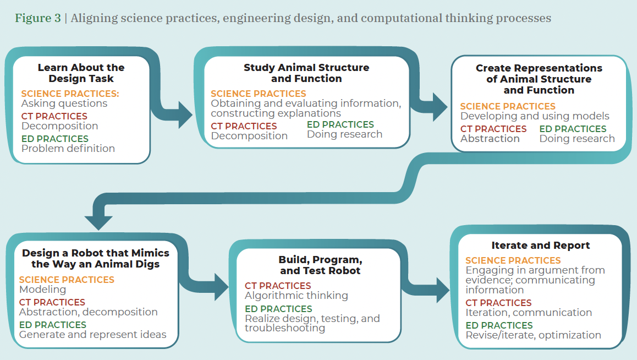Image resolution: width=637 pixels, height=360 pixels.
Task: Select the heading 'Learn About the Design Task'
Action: pos(81,73)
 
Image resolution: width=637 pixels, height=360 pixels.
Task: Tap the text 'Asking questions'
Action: pos(64,103)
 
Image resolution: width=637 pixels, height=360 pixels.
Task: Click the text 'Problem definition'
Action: pos(68,149)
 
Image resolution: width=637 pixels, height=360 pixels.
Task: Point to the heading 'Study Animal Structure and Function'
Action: pos(306,73)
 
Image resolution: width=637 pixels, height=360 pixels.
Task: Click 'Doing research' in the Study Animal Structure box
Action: pos(344,134)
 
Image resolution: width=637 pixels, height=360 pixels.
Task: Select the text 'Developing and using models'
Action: pos(535,116)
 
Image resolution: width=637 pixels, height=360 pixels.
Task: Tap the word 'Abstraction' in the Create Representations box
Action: pos(490,139)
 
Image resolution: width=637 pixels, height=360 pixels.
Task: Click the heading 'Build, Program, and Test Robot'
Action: pos(320,265)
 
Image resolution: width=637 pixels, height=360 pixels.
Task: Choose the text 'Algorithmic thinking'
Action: pos(296,296)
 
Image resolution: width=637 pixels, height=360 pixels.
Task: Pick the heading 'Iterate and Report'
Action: pos(540,246)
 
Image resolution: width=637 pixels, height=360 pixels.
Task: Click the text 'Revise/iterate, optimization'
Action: pos(533,335)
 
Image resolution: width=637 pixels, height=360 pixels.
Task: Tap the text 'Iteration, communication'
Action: pos(529,313)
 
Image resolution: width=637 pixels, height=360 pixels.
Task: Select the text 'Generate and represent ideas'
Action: pos(92,334)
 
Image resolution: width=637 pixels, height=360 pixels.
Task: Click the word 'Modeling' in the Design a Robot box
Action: pos(42,290)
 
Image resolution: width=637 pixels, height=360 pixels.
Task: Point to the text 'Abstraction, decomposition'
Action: pos(88,312)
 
